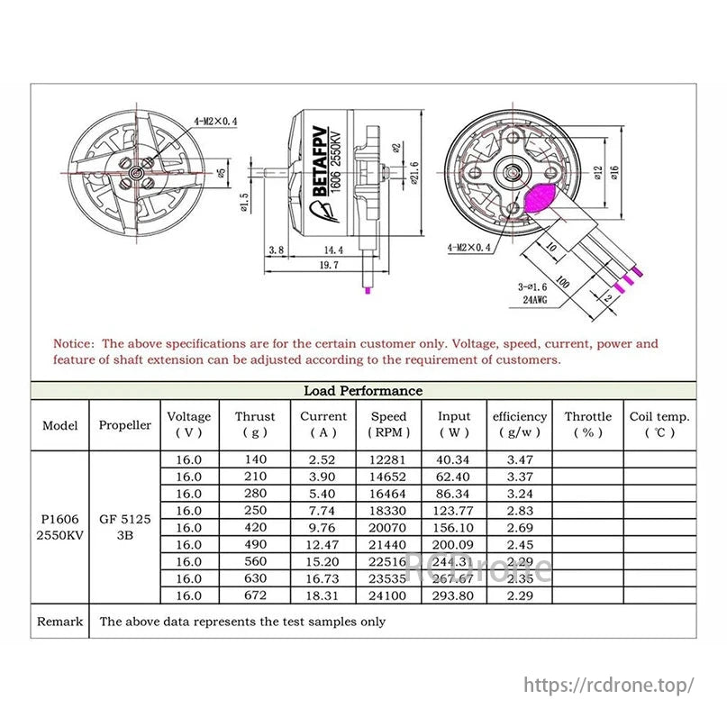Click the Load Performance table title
coord(362,390)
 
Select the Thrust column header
coord(255,423)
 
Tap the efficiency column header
coord(520,423)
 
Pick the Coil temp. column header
coord(659,423)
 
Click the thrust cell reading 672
coord(255,595)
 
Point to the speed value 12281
coord(388,459)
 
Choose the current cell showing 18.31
coord(323,595)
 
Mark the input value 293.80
coord(454,595)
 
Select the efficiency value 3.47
coord(520,459)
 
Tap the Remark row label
coord(59,621)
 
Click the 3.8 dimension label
coord(277,249)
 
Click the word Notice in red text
coord(73,343)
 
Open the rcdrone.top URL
coord(609,685)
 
